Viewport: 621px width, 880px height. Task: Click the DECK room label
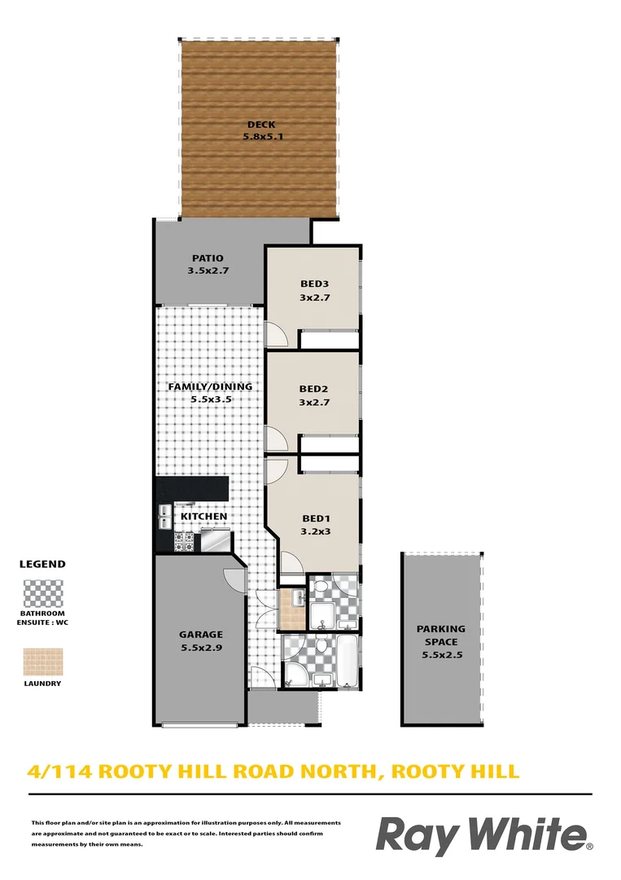(256, 125)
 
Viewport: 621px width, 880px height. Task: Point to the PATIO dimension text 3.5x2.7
(207, 271)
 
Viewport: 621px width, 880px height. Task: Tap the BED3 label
(313, 284)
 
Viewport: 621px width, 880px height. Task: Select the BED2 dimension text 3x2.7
(313, 402)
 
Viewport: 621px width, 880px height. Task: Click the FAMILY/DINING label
(210, 387)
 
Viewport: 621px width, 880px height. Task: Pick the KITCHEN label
(203, 517)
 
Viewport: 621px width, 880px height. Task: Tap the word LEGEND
(42, 564)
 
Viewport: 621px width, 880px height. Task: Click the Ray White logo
(484, 838)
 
